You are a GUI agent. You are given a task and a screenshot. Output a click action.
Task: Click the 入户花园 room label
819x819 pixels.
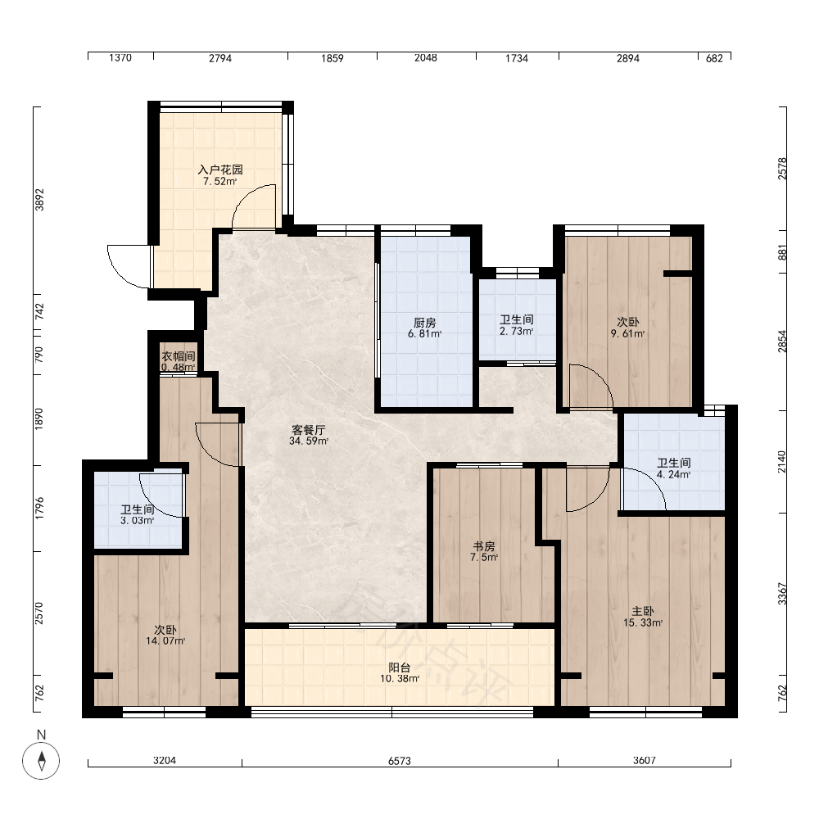[x=219, y=170]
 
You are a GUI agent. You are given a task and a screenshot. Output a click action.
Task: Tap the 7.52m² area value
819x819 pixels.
[x=219, y=182]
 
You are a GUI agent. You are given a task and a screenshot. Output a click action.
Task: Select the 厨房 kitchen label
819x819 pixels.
[x=424, y=323]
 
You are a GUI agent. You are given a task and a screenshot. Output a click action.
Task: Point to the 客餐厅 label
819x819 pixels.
[x=308, y=430]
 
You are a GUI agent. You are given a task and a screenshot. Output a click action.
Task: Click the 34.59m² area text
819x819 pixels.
[x=308, y=441]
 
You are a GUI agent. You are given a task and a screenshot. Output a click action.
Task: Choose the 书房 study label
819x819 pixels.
[x=484, y=546]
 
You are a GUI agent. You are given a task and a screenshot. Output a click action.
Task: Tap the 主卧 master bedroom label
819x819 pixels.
[x=642, y=611]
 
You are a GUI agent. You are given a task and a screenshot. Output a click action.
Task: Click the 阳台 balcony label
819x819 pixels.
[x=400, y=667]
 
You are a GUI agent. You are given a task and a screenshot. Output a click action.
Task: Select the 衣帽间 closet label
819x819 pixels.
[x=178, y=356]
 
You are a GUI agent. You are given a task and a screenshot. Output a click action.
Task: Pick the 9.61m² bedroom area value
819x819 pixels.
[x=627, y=334]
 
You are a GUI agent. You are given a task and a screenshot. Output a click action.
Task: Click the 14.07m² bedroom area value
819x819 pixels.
[x=165, y=641]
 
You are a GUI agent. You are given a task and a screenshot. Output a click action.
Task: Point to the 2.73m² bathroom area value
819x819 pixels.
[x=516, y=331]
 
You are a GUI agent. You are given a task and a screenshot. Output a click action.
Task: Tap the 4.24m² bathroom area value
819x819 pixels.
[x=673, y=475]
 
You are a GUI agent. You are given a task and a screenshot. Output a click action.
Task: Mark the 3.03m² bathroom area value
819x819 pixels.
[x=137, y=521]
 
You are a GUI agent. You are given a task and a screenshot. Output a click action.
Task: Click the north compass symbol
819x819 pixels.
[x=41, y=760]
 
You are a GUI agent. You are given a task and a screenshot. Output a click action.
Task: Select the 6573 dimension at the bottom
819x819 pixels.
[x=400, y=761]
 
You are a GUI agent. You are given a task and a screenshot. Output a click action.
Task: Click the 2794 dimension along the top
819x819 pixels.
[x=219, y=58]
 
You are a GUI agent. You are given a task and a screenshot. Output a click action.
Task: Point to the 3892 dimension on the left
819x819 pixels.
[x=39, y=200]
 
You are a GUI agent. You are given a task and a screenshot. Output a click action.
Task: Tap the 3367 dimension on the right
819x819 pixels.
[x=782, y=594]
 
